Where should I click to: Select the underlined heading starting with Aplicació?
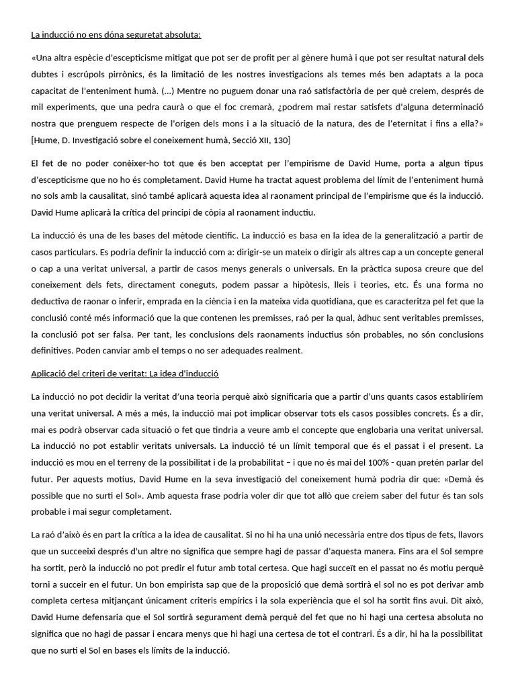point(126,372)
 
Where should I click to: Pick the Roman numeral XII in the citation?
point(261,139)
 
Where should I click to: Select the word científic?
point(217,236)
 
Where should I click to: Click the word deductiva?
point(50,300)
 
